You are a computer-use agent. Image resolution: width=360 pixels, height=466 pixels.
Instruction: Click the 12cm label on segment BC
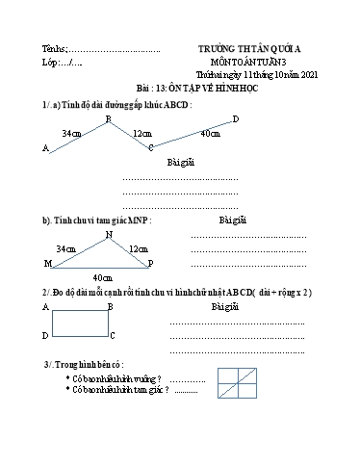(x=141, y=133)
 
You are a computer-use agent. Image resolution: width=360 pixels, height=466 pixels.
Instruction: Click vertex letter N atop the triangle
(x=109, y=233)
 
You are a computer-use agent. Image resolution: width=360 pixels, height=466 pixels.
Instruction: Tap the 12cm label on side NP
(x=138, y=248)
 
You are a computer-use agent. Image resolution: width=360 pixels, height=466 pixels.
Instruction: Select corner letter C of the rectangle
(x=113, y=335)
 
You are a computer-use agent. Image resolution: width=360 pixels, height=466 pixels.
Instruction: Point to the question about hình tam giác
(x=117, y=390)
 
